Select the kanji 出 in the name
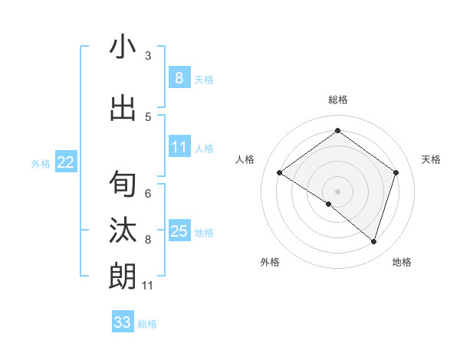(x=123, y=109)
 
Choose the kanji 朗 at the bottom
(x=123, y=276)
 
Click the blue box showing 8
(x=179, y=78)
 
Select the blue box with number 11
(x=179, y=147)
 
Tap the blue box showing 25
(x=179, y=231)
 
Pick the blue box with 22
(x=66, y=162)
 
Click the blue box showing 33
(x=123, y=322)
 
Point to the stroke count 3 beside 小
(x=148, y=56)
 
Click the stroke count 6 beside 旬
(x=148, y=193)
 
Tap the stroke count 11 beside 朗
(x=148, y=286)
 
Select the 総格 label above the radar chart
(x=337, y=100)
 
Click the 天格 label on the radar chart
(x=431, y=159)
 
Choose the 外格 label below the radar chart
(x=269, y=262)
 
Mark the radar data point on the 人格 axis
(x=279, y=173)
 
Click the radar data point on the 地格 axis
(x=373, y=241)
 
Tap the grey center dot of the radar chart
(x=337, y=191)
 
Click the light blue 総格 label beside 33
(x=147, y=324)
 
